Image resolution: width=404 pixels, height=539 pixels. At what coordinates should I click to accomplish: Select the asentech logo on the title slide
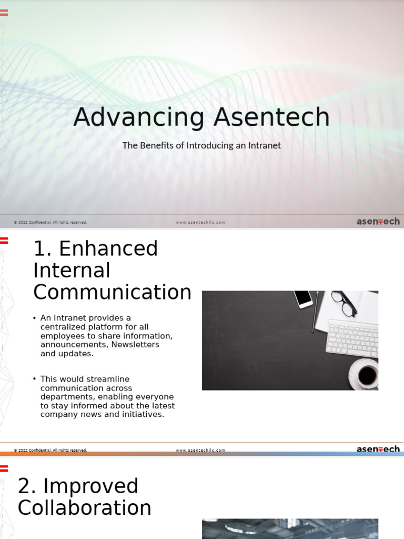[378, 222]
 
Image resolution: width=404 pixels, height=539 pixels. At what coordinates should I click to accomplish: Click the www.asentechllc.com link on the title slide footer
[200, 222]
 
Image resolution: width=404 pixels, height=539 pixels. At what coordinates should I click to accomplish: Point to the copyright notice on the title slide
[50, 222]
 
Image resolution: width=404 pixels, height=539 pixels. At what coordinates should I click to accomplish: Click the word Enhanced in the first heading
[108, 248]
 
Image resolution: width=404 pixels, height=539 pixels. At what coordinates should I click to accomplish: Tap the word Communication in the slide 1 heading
[112, 292]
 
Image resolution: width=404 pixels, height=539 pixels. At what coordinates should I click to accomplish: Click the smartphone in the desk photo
[303, 298]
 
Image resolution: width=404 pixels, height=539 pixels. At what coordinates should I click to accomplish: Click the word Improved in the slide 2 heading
[78, 486]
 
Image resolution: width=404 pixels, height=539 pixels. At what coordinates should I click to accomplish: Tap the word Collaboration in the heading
[84, 508]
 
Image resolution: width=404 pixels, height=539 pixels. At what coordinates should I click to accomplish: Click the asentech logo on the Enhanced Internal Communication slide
[378, 449]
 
